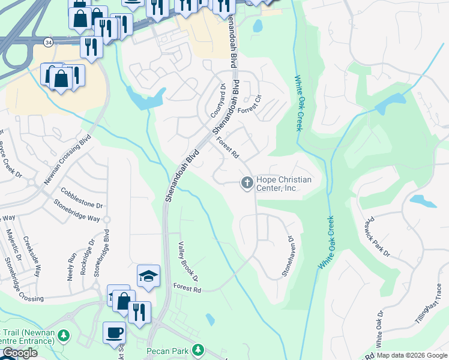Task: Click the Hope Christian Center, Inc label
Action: click(285, 184)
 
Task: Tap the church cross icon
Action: click(247, 183)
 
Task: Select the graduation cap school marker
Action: click(148, 275)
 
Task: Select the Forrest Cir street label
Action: click(251, 106)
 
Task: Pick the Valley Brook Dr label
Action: click(188, 262)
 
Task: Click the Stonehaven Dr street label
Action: click(288, 256)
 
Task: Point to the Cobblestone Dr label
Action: click(82, 197)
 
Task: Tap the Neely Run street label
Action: click(71, 266)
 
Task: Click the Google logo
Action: click(20, 353)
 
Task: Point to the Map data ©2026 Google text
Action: click(412, 355)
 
